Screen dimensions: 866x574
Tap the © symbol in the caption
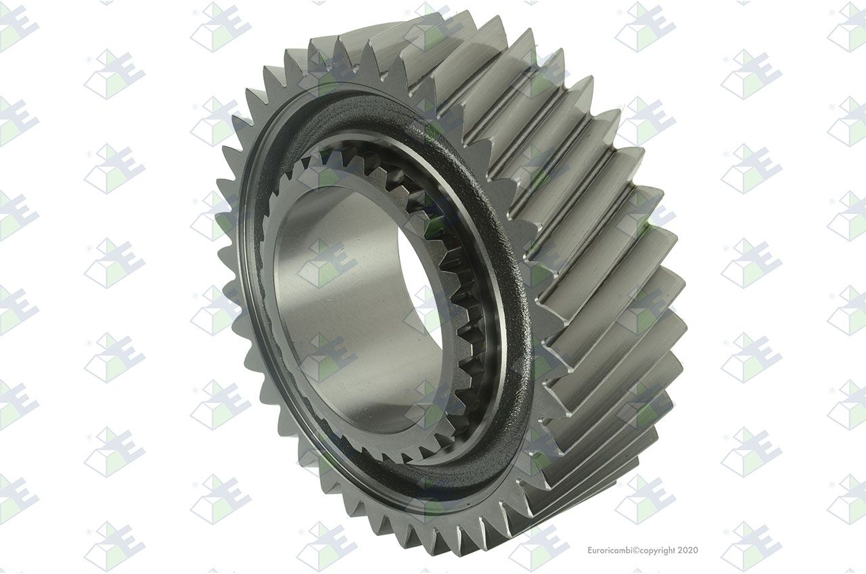click(634, 550)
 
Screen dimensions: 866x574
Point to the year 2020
click(688, 550)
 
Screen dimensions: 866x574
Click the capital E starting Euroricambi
click(590, 550)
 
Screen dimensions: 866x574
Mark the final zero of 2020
click(696, 550)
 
